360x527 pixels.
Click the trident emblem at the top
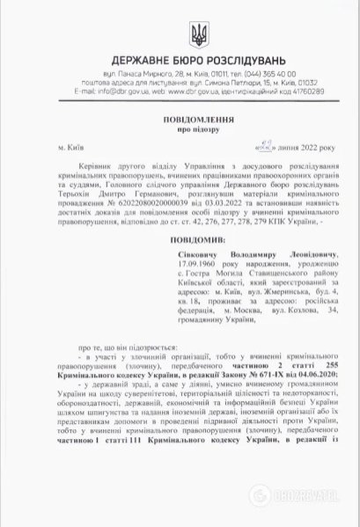[197, 34]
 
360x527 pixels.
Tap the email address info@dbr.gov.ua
[110, 91]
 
